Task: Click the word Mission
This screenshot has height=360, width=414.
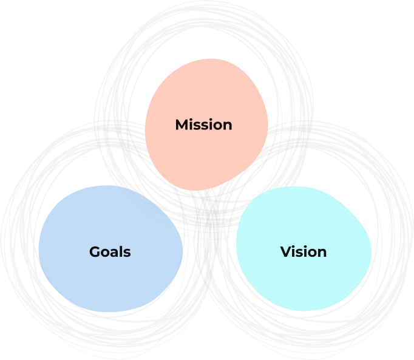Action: (203, 124)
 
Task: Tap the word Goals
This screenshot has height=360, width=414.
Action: (110, 251)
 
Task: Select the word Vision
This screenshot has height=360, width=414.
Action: (303, 251)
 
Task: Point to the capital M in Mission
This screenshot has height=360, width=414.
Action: (182, 124)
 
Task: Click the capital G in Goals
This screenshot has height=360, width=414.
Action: (95, 251)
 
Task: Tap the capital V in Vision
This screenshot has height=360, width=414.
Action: (285, 251)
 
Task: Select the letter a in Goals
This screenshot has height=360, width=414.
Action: (115, 252)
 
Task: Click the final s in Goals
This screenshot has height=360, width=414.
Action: (127, 252)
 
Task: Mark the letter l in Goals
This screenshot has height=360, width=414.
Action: (121, 251)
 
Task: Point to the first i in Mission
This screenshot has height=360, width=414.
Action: (191, 124)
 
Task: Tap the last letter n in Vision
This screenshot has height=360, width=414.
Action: (322, 252)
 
